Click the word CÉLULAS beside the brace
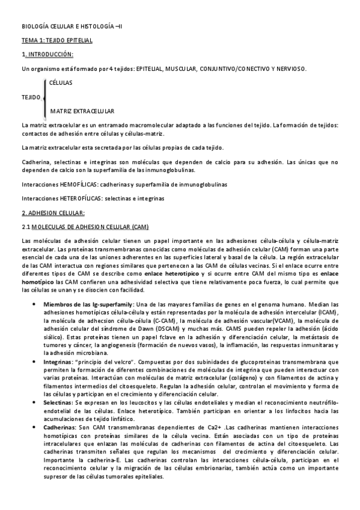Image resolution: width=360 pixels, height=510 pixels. [61, 82]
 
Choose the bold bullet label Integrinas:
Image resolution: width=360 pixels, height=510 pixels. [58, 361]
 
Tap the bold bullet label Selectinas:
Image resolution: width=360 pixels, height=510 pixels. [58, 401]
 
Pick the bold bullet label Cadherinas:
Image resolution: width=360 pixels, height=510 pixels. [59, 426]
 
